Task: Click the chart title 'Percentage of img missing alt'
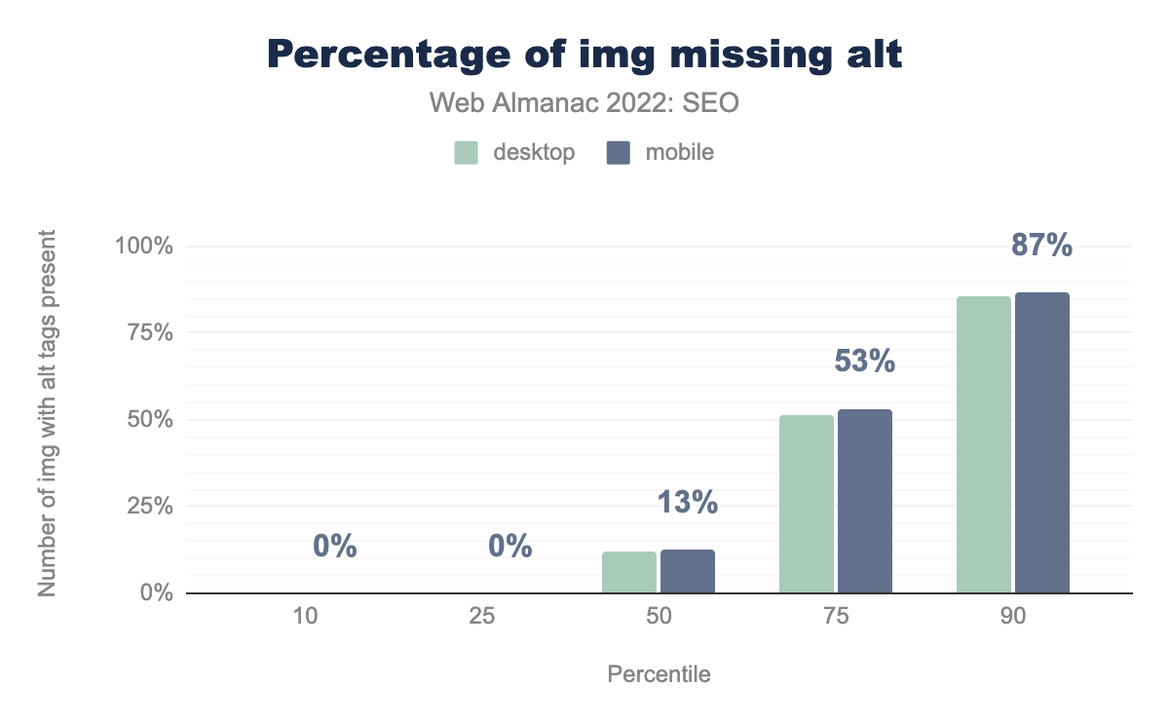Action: click(x=584, y=56)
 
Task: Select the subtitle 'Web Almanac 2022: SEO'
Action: click(x=584, y=103)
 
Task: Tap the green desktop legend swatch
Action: click(x=467, y=153)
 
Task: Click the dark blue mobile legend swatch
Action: click(x=619, y=153)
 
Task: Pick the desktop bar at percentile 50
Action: click(x=629, y=572)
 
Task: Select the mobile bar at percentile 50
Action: click(x=688, y=571)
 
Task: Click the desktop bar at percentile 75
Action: click(x=807, y=504)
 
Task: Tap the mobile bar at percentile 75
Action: click(x=865, y=501)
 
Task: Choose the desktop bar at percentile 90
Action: click(x=984, y=444)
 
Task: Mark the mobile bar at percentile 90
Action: click(x=1042, y=442)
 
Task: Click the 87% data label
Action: click(x=1041, y=246)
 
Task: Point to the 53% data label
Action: click(x=864, y=361)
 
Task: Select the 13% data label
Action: click(x=687, y=503)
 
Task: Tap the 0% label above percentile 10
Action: click(x=335, y=547)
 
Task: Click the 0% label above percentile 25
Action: click(x=510, y=547)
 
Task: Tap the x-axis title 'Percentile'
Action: click(x=659, y=674)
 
